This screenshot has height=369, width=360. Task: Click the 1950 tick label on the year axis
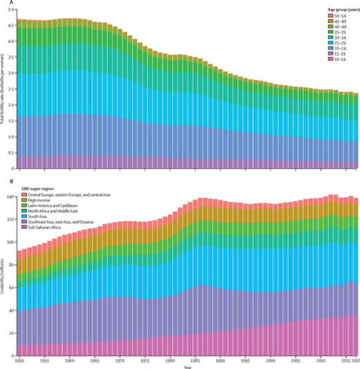pyautogui.click(x=20, y=362)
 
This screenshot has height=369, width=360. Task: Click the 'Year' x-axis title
pyautogui.click(x=187, y=367)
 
